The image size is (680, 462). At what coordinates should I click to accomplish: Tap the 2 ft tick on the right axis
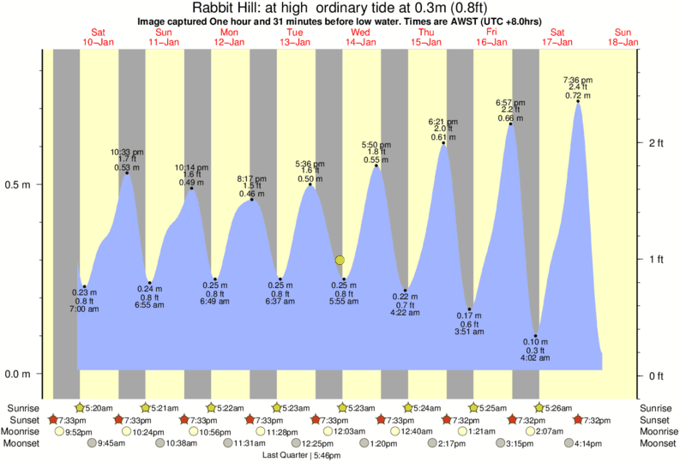pos(654,142)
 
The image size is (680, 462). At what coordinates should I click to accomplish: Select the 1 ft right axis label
pos(654,259)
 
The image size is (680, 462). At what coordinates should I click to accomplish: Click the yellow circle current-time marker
pos(340,260)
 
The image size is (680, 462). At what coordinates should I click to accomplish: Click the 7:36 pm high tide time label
pos(577,80)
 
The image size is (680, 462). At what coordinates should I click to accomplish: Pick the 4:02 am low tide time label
pos(536,357)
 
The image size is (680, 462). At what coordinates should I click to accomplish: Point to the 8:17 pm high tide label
pos(251,178)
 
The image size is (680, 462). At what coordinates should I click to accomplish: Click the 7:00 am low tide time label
pos(84,308)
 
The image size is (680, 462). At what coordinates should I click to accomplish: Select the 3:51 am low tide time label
pos(470,331)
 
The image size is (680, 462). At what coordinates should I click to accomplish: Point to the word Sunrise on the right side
pos(657,407)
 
